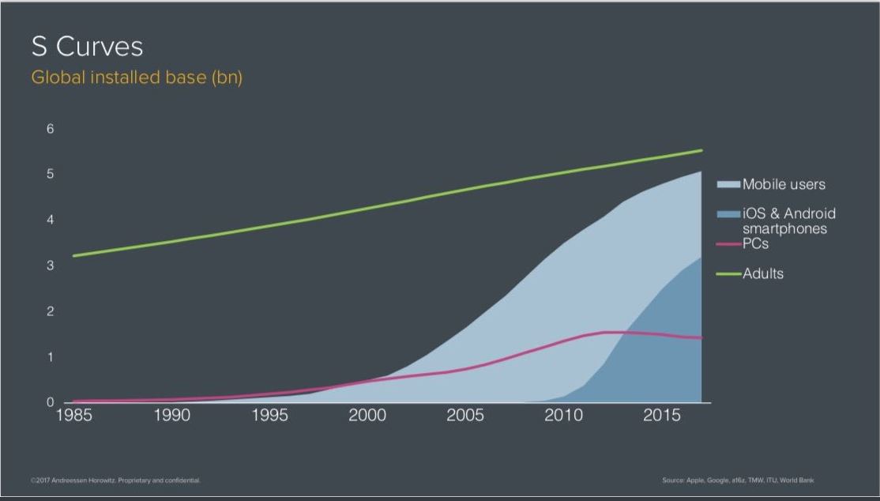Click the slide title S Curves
coord(87,47)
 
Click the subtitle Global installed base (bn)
coord(136,78)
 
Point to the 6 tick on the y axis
coord(50,128)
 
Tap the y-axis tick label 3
coord(50,266)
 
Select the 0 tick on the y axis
coord(50,403)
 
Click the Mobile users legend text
coord(784,185)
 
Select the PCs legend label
coord(755,244)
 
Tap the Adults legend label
coord(763,274)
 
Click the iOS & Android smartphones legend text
coord(788,221)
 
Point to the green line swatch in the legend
coord(728,274)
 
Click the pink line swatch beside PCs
coord(728,244)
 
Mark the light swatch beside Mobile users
coord(728,185)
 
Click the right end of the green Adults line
coord(701,150)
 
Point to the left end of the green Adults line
coord(73,255)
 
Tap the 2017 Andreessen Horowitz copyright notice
coord(115,480)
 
